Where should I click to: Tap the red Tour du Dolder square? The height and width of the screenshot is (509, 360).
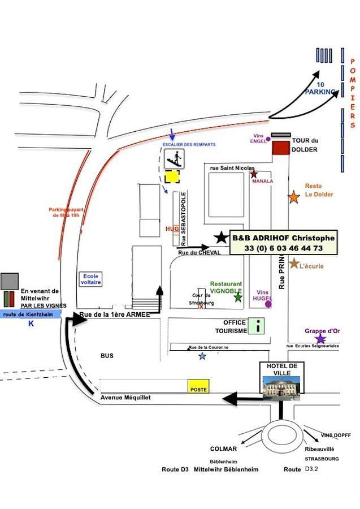[280, 148]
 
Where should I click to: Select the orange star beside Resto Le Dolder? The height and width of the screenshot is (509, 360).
[294, 197]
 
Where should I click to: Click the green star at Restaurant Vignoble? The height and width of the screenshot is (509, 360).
[238, 297]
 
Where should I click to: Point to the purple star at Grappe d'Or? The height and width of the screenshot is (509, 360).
[320, 339]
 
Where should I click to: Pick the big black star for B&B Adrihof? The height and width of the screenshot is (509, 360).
[221, 238]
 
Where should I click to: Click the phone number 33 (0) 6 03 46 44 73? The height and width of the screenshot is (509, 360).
[284, 248]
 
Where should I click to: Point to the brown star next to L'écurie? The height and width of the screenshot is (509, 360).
[294, 264]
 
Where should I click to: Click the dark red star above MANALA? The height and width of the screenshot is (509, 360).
[254, 174]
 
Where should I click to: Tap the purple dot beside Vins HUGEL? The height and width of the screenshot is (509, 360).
[268, 304]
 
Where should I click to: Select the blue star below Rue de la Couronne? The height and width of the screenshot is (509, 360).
[202, 356]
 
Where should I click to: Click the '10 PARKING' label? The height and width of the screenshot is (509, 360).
[320, 88]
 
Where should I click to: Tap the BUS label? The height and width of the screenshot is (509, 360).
[107, 356]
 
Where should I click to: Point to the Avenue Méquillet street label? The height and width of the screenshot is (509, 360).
[126, 398]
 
